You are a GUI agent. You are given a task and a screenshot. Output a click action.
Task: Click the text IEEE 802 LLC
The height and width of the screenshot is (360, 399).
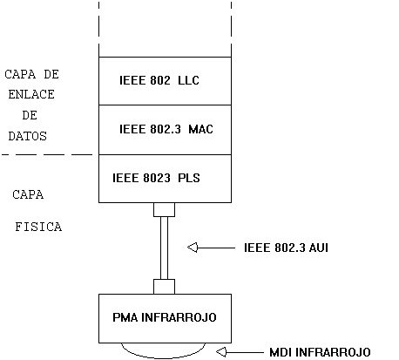[159, 80]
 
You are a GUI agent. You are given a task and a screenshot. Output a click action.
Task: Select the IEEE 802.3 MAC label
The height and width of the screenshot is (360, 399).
[166, 129]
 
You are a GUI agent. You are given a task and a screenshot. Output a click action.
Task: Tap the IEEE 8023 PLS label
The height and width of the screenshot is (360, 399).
[156, 178]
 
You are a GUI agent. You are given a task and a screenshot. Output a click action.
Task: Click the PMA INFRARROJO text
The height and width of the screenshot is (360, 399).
[165, 317]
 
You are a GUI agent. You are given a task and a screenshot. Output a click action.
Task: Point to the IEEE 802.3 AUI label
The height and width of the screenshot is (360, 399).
[286, 248]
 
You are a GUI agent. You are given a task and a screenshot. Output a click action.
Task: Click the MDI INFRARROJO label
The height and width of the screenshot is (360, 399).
[320, 352]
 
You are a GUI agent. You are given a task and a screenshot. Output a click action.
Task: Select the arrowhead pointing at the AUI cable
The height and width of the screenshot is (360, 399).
[193, 248]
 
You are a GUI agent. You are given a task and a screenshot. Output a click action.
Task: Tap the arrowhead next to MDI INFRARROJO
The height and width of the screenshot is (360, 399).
[221, 352]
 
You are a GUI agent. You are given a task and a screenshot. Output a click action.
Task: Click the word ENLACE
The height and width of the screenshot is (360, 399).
[31, 94]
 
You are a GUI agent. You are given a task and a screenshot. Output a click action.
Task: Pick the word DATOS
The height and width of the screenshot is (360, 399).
[28, 136]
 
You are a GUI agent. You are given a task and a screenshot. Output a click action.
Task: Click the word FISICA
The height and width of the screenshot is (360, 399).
[38, 227]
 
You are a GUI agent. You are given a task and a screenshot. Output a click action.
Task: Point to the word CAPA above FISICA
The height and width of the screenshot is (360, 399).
[28, 194]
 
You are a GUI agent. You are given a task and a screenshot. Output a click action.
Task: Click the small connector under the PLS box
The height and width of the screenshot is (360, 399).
[165, 210]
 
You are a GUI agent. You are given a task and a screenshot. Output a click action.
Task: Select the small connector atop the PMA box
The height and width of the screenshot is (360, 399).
[165, 287]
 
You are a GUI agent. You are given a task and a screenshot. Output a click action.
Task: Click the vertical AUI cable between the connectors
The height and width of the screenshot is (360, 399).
[165, 248]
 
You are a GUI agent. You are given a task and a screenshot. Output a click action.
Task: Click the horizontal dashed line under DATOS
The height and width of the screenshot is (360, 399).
[47, 154]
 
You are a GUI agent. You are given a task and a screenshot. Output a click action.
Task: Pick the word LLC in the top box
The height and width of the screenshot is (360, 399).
[188, 80]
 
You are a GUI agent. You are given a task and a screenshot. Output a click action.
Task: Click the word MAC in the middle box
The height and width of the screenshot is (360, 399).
[201, 129]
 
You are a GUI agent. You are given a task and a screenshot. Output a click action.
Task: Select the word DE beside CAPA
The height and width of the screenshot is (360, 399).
[51, 74]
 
